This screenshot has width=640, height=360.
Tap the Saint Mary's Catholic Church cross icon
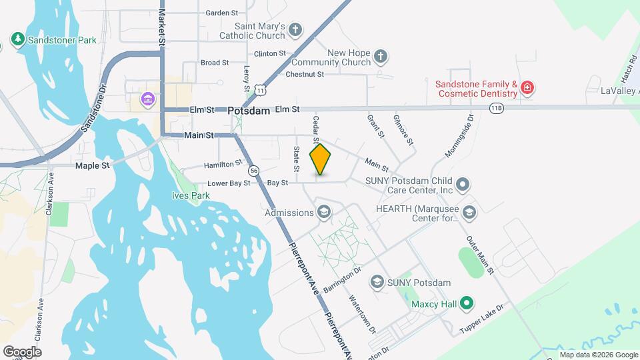click(x=296, y=30)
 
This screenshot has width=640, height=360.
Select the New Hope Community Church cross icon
click(x=381, y=57)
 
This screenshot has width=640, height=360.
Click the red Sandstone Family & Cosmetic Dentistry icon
click(x=527, y=88)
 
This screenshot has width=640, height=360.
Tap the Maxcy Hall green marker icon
click(x=467, y=305)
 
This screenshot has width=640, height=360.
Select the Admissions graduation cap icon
click(x=324, y=213)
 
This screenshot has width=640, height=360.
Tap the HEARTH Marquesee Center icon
click(x=469, y=213)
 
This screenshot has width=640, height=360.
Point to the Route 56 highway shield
click(x=254, y=171)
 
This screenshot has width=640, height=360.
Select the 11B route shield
click(x=496, y=107)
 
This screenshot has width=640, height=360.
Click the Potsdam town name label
click(x=247, y=111)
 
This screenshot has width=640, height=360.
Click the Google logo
click(x=22, y=351)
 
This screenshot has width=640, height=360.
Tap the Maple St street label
click(x=92, y=165)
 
